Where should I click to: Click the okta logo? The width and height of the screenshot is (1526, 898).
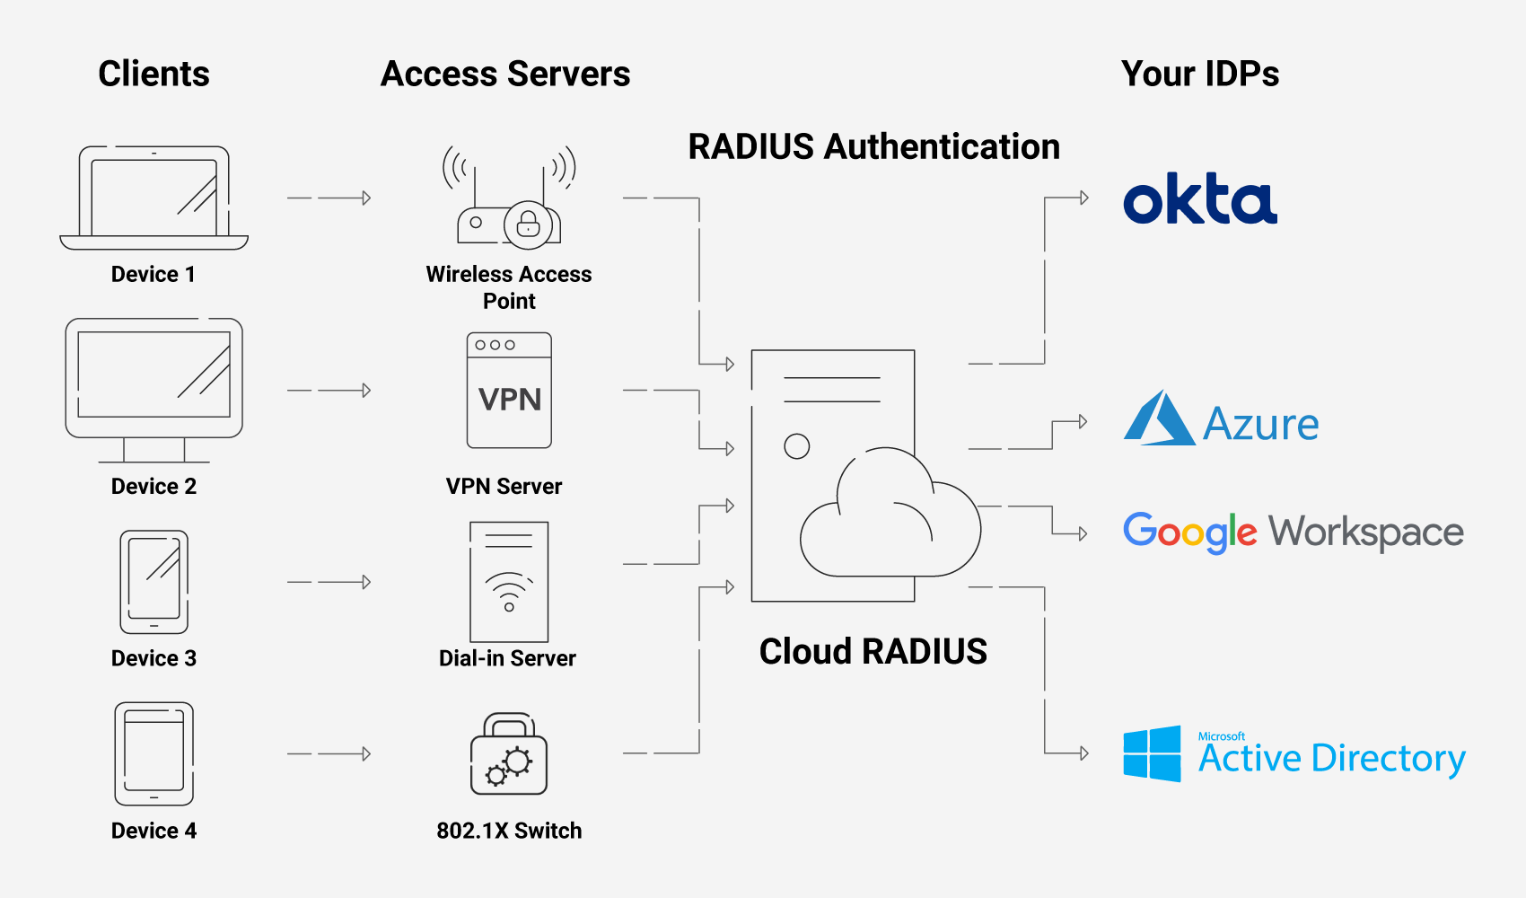(x=1200, y=199)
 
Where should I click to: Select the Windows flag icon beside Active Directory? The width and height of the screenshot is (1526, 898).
(x=1153, y=753)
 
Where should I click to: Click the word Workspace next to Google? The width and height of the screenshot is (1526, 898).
(x=1365, y=533)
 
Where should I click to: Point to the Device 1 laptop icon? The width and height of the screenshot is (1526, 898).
(x=153, y=198)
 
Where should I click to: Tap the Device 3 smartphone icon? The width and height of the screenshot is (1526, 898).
(x=153, y=582)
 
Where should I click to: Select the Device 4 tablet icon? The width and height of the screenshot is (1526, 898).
(x=153, y=753)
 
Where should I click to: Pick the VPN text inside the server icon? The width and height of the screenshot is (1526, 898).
(x=509, y=400)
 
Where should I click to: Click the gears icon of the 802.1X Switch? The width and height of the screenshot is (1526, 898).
(x=509, y=765)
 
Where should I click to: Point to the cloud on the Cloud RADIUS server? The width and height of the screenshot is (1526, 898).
(x=889, y=521)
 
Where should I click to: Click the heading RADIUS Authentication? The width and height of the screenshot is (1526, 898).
(x=873, y=146)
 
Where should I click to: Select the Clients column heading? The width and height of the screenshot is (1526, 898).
(x=153, y=74)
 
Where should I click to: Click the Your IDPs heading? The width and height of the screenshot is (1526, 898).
(x=1199, y=74)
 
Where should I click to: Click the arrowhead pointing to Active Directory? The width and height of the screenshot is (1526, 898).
(x=1083, y=753)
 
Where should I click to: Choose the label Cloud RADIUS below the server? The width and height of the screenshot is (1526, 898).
(x=873, y=651)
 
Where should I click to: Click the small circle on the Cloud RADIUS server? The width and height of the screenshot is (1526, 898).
(x=796, y=446)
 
